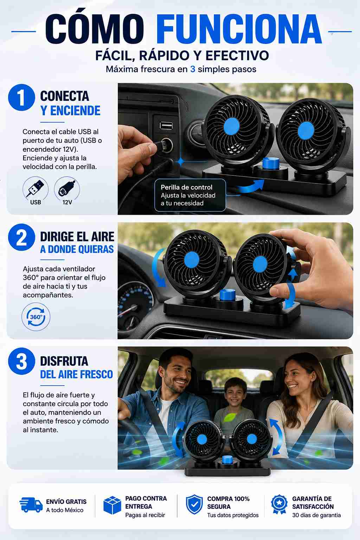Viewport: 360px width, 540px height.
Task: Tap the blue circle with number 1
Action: click(21, 97)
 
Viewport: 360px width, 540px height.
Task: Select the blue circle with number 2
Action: click(21, 237)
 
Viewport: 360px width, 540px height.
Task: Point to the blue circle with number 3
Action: click(21, 361)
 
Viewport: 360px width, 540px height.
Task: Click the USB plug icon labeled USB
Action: click(36, 188)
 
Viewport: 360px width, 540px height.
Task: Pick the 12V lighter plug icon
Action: click(67, 188)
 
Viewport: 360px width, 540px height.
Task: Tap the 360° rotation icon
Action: click(36, 317)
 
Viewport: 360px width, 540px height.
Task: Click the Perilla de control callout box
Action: click(190, 195)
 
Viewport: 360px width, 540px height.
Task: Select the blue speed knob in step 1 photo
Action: click(271, 163)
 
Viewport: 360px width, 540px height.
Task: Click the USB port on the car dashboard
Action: click(166, 126)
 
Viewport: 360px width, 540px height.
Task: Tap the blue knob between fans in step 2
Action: click(227, 294)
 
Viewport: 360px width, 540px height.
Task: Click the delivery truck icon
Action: click(31, 505)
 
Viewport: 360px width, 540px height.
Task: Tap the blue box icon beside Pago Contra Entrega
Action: click(112, 506)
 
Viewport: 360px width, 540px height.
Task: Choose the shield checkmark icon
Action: click(194, 504)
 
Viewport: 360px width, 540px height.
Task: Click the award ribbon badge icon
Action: click(279, 504)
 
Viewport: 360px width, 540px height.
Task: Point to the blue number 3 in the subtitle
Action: click(193, 69)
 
